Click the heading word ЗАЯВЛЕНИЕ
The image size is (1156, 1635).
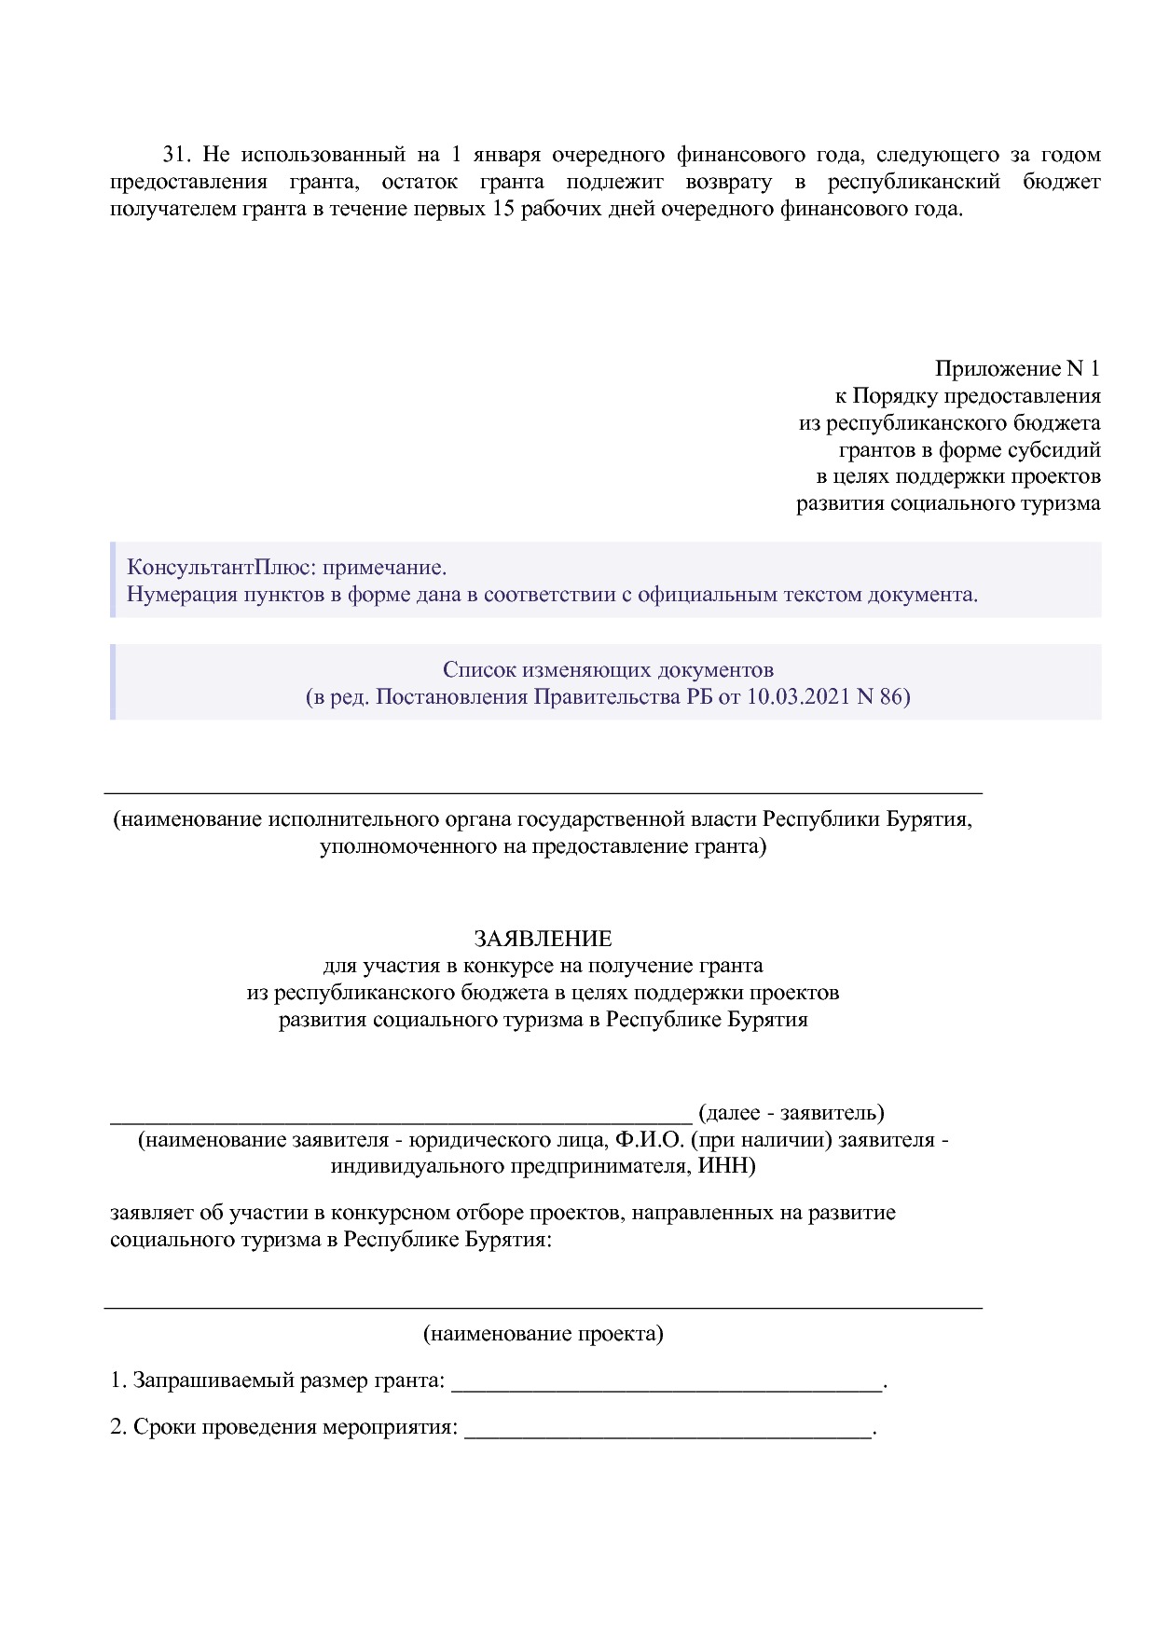543,938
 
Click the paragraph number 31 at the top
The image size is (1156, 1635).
176,154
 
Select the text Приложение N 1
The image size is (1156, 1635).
1017,369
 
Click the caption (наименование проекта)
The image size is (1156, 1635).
543,1333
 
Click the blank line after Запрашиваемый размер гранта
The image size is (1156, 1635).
666,1382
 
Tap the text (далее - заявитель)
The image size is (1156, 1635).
791,1112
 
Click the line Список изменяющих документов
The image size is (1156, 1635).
608,669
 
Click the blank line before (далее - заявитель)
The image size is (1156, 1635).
401,1115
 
